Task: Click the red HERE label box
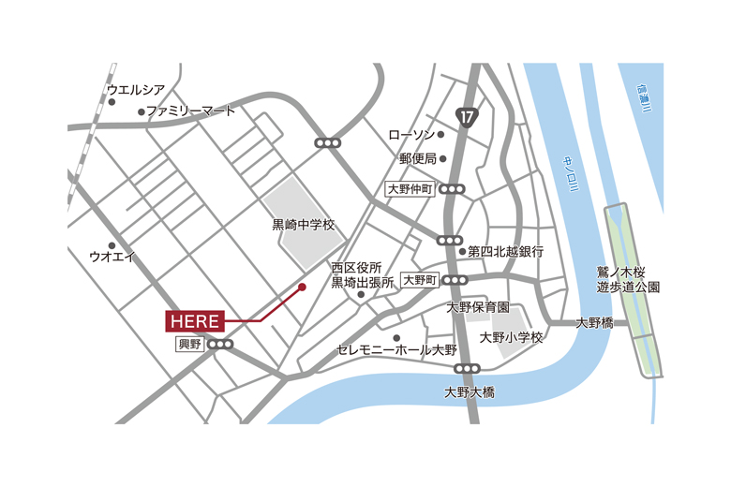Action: pyautogui.click(x=195, y=321)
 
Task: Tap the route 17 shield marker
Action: pyautogui.click(x=467, y=115)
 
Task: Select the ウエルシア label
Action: pyautogui.click(x=136, y=90)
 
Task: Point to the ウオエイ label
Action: pyautogui.click(x=112, y=256)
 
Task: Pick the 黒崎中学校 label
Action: pyautogui.click(x=303, y=225)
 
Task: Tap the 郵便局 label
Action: pyautogui.click(x=418, y=159)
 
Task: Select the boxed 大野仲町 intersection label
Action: pyautogui.click(x=411, y=189)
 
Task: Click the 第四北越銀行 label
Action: pyautogui.click(x=506, y=251)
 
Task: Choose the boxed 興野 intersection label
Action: pyautogui.click(x=189, y=345)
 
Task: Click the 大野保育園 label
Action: pyautogui.click(x=477, y=306)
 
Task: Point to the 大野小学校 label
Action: pyautogui.click(x=511, y=337)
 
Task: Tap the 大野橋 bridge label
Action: pyautogui.click(x=594, y=322)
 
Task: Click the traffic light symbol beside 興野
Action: pyautogui.click(x=221, y=345)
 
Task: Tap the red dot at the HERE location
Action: pyautogui.click(x=302, y=288)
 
